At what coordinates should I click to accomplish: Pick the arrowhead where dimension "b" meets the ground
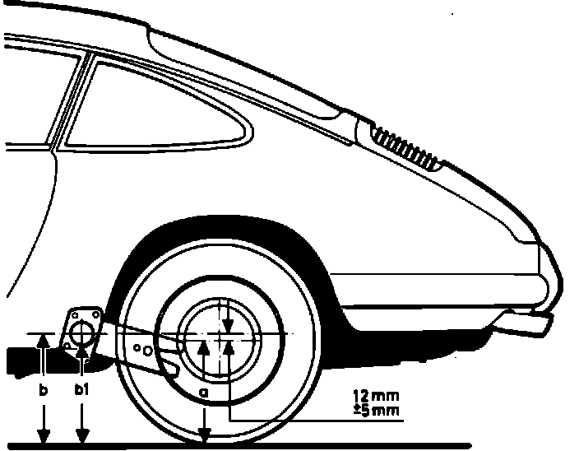(44, 436)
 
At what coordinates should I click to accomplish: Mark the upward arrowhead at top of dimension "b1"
(82, 351)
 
